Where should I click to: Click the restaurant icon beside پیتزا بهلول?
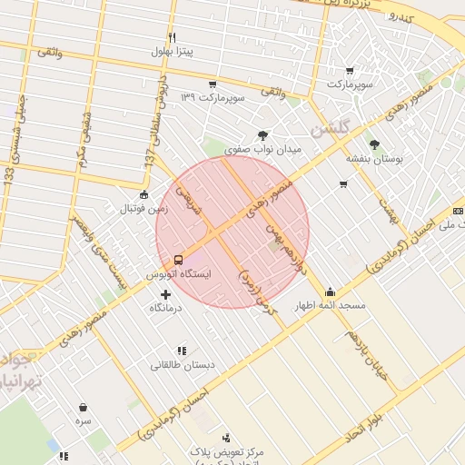[x=173, y=38]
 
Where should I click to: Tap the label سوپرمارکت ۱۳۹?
[x=212, y=97]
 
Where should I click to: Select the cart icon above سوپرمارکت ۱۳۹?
[x=212, y=84]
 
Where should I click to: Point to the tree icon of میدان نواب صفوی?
[x=262, y=135]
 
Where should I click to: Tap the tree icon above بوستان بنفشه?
[x=373, y=144]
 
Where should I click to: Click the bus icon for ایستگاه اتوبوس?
[x=178, y=258]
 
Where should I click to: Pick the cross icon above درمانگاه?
[x=165, y=294]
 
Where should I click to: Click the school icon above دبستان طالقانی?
[x=183, y=350]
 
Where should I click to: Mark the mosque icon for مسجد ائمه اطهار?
[x=329, y=292]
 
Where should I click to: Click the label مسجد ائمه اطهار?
[x=329, y=306]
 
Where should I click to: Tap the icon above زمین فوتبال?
[x=143, y=194]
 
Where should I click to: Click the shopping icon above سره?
[x=84, y=408]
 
